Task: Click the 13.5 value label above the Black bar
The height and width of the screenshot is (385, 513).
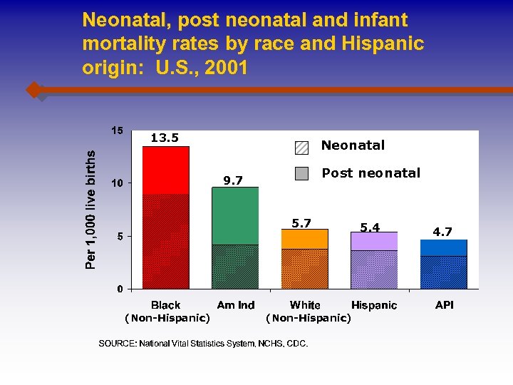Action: [x=165, y=138]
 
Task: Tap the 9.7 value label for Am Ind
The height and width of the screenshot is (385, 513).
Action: [x=234, y=181]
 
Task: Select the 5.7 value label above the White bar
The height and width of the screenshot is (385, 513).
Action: [x=301, y=223]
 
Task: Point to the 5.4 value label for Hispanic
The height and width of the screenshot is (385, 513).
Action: [x=370, y=227]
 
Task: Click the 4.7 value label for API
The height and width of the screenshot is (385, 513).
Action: [x=443, y=232]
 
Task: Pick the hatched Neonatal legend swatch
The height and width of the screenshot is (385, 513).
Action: [x=302, y=148]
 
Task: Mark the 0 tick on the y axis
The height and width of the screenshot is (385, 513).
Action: [x=120, y=289]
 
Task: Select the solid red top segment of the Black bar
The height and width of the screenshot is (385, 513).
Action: [x=165, y=170]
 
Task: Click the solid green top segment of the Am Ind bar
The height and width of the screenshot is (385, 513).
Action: [x=235, y=215]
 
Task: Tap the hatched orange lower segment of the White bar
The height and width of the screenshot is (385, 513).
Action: [x=304, y=269]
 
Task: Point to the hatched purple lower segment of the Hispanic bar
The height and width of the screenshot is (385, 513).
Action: [x=373, y=269]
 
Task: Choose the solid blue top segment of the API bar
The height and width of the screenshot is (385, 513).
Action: [x=443, y=247]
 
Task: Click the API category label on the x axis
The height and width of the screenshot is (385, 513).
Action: [x=444, y=305]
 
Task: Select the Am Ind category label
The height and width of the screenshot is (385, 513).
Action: [x=236, y=305]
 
